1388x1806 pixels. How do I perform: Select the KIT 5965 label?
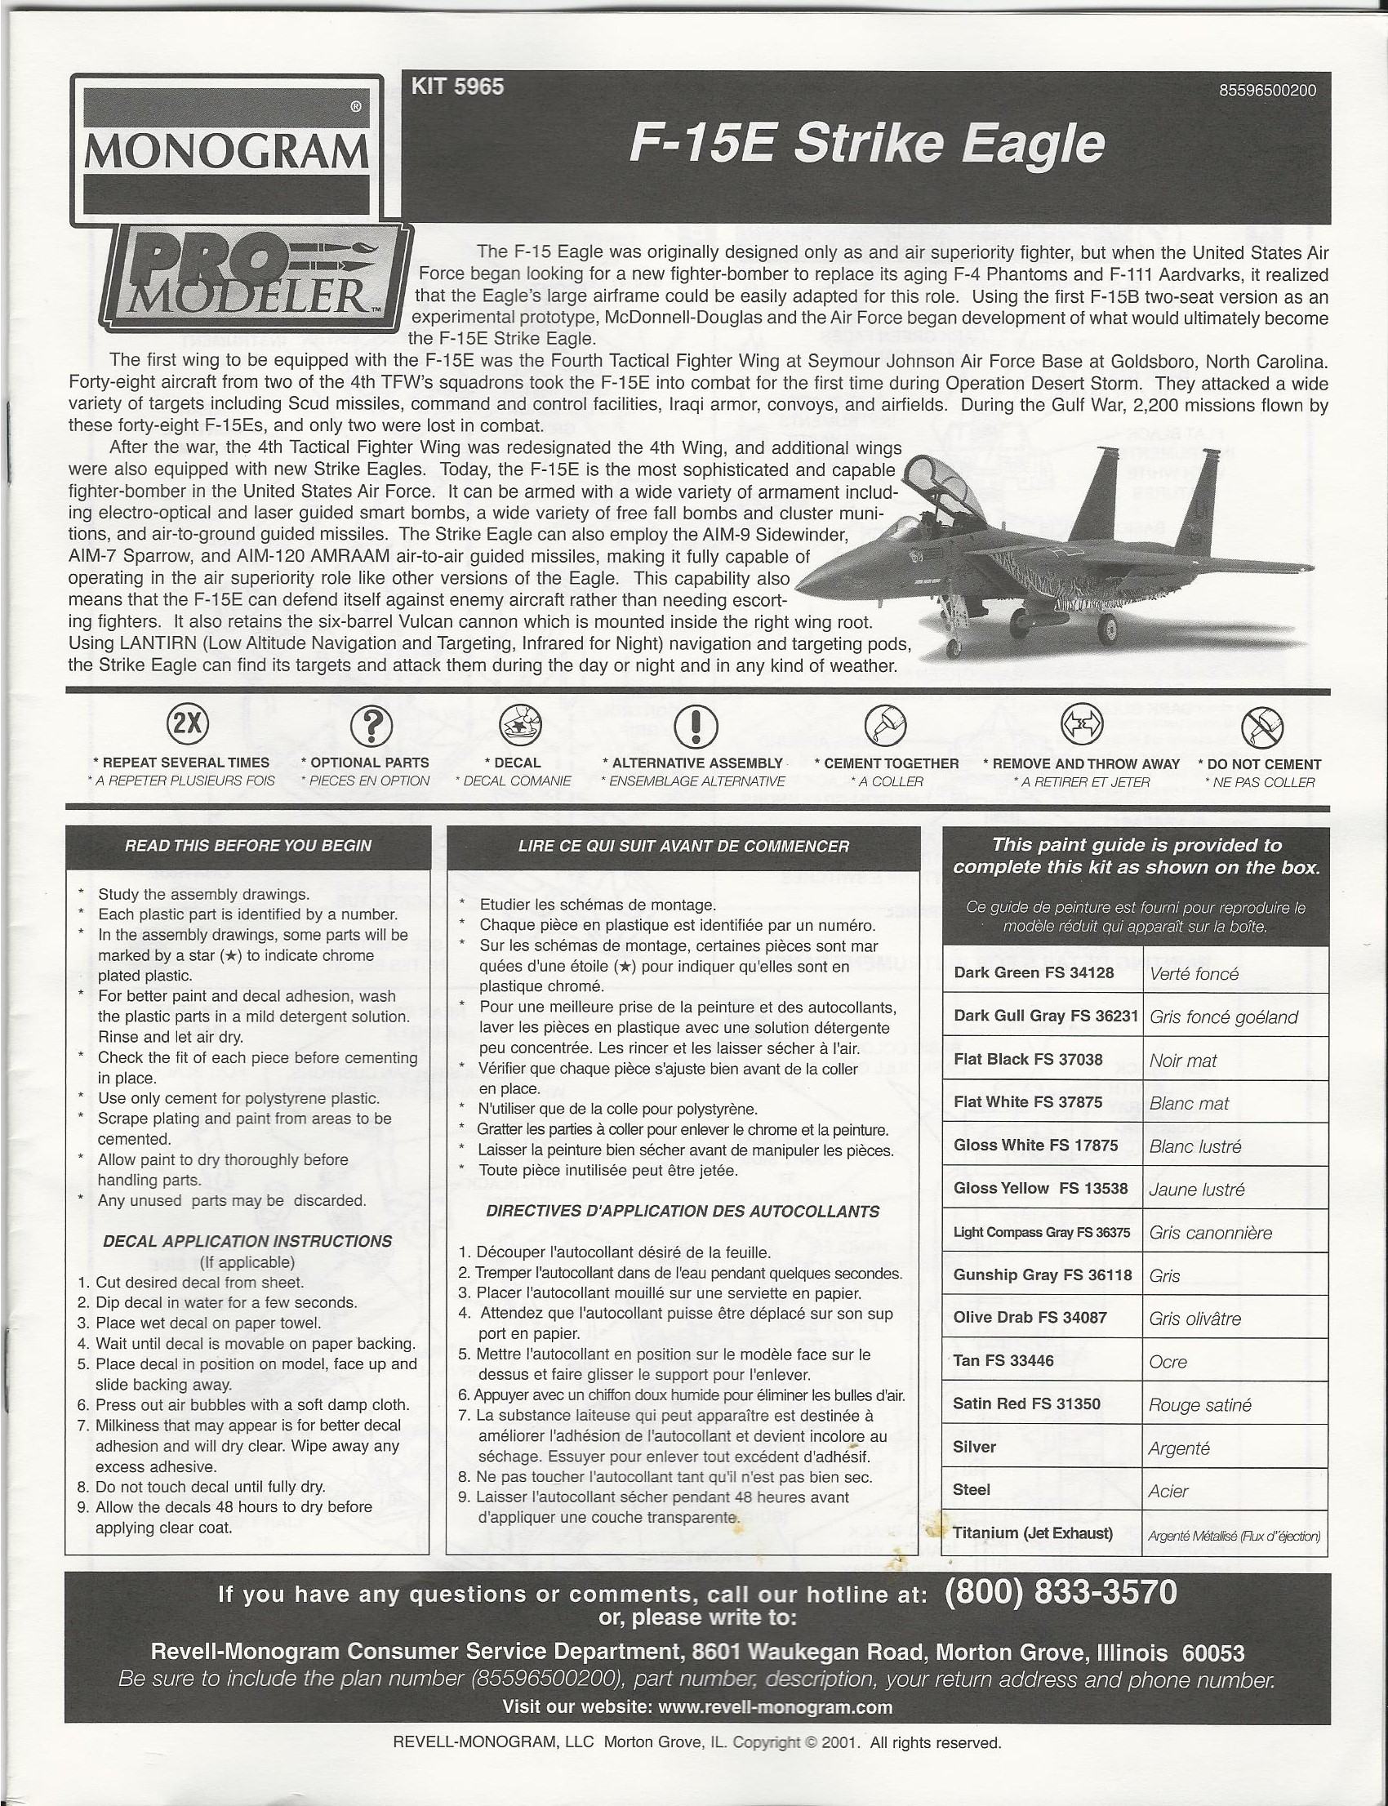tap(457, 87)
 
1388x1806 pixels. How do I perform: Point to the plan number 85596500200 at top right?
tap(1267, 91)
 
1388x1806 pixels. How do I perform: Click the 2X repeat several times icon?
tap(188, 723)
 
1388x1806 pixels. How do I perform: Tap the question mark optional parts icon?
tap(371, 725)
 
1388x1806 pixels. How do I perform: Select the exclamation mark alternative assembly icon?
tap(695, 725)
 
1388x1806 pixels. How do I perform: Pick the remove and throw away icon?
tap(1082, 723)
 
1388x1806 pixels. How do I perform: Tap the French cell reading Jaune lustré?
tap(1196, 1190)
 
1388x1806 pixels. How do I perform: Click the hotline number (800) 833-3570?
tap(1060, 1592)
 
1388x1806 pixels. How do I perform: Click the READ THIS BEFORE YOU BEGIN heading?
tap(248, 846)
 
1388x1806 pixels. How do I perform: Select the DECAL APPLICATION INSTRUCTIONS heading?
tap(248, 1241)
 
